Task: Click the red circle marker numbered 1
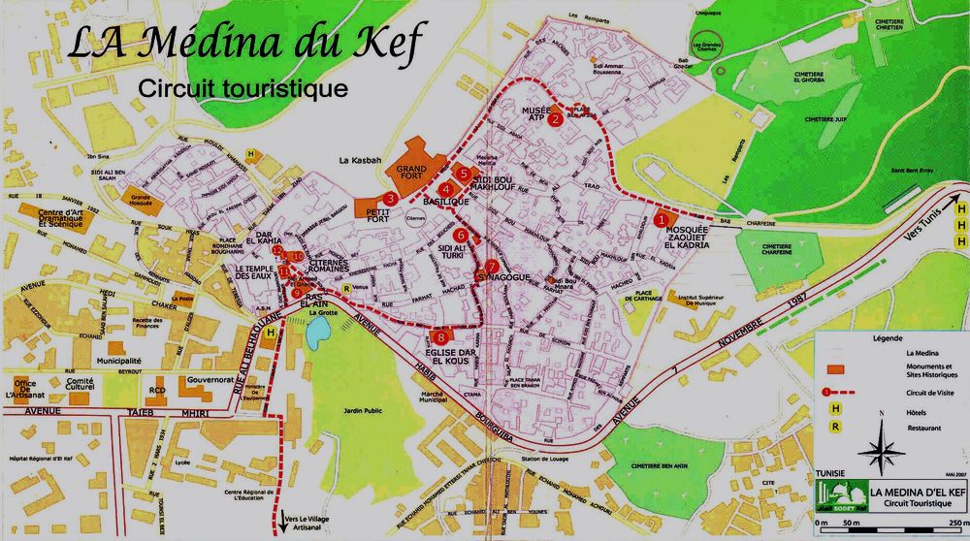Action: click(661, 220)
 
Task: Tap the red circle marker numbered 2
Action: click(555, 121)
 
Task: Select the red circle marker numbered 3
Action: click(389, 198)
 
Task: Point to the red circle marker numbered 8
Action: click(441, 310)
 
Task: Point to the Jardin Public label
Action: click(337, 412)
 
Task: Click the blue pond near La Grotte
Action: click(317, 331)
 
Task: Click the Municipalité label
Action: click(119, 360)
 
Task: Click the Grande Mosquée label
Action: click(143, 199)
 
